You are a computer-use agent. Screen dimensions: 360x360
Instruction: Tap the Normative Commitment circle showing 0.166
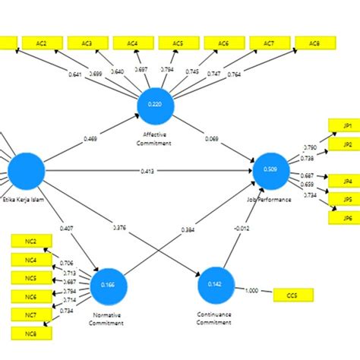pos(108,284)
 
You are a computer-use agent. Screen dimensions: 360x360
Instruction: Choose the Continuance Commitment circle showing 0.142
pos(215,285)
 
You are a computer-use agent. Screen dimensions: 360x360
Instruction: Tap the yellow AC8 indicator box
pos(313,43)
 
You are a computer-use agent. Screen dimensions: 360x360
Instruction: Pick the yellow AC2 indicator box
pos(41,43)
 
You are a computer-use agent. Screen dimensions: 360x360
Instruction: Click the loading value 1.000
pos(251,289)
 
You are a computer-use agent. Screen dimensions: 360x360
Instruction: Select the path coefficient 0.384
pos(187,229)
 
